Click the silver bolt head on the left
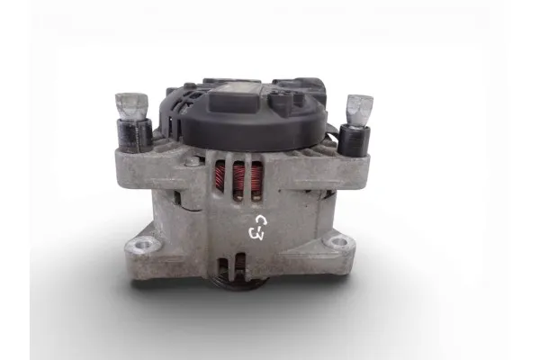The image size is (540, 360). click(131, 107)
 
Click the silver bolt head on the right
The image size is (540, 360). click(359, 112)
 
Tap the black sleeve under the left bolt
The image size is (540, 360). click(135, 135)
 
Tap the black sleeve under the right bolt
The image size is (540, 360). click(354, 140)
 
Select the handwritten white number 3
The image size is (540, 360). click(256, 234)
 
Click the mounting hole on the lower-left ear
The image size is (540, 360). click(141, 246)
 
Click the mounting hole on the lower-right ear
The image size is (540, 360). click(337, 242)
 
